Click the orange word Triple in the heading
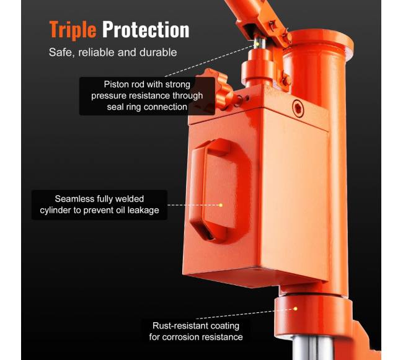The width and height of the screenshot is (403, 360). pyautogui.click(x=73, y=30)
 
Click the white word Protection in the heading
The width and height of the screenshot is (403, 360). pyautogui.click(x=146, y=30)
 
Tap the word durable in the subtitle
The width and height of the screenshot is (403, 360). pyautogui.click(x=158, y=53)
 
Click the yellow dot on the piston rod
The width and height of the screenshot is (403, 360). pyautogui.click(x=257, y=44)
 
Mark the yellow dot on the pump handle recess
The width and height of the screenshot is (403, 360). pyautogui.click(x=221, y=205)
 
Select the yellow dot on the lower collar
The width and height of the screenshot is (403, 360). pyautogui.click(x=295, y=309)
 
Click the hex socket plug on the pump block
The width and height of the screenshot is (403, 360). pyautogui.click(x=298, y=108)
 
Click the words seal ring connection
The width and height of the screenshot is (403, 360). pyautogui.click(x=147, y=107)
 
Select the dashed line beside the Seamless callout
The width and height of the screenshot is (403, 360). pyautogui.click(x=193, y=205)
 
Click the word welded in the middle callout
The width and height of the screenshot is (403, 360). pyautogui.click(x=130, y=199)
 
